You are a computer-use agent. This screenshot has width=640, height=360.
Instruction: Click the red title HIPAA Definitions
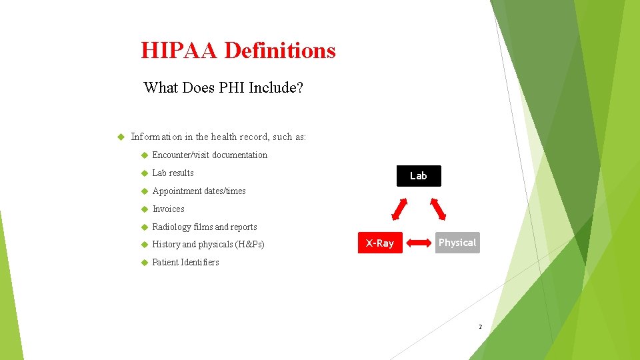[238, 51]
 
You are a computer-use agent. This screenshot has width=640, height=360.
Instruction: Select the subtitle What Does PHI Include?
[223, 87]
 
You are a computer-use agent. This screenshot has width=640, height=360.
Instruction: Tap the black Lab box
[419, 176]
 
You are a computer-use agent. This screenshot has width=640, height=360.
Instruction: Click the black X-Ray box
[380, 243]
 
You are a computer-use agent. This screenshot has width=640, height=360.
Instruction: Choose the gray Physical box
[457, 243]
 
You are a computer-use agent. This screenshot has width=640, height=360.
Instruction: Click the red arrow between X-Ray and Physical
[419, 243]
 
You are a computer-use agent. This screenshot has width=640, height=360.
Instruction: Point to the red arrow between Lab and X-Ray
[399, 209]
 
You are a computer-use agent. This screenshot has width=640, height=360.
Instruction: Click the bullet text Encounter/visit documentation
[209, 155]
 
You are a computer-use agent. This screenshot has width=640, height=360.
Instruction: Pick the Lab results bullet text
[173, 173]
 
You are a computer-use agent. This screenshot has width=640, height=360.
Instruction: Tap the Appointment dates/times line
[199, 191]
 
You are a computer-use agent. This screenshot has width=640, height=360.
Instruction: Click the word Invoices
[168, 209]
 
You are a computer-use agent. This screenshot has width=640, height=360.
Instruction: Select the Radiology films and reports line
[204, 227]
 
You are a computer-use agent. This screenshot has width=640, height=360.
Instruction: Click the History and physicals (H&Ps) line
[208, 245]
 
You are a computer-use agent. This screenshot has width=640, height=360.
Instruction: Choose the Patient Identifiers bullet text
[185, 263]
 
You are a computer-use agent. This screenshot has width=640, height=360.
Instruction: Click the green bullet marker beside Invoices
[143, 209]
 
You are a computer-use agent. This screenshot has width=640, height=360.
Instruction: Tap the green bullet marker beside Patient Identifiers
[143, 263]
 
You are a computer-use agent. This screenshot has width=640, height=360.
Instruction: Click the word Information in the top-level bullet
[156, 137]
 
